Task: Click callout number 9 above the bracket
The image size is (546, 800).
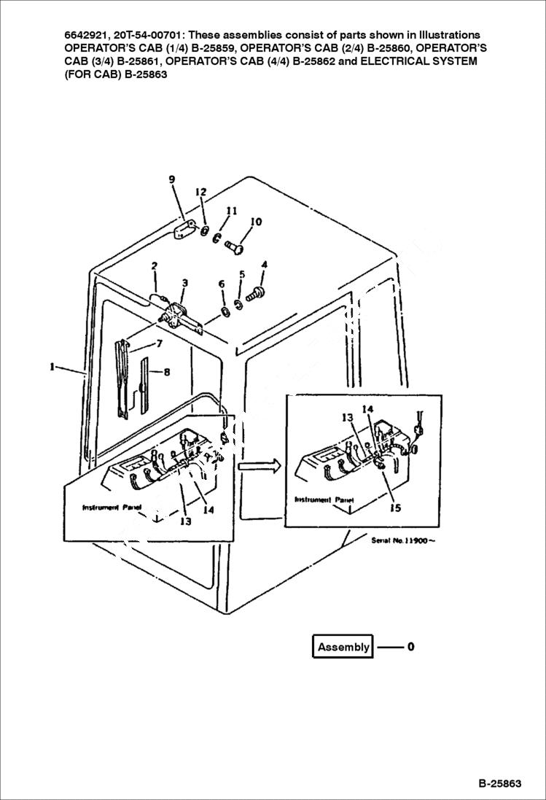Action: click(x=172, y=179)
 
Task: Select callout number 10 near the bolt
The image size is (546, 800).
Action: click(x=256, y=222)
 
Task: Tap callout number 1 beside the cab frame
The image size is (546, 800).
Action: click(x=52, y=368)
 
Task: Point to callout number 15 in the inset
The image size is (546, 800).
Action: click(x=395, y=508)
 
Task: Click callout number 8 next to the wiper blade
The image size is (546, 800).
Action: click(x=167, y=372)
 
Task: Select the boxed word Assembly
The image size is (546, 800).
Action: click(x=343, y=647)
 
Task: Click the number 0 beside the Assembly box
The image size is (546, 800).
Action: click(x=411, y=646)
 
